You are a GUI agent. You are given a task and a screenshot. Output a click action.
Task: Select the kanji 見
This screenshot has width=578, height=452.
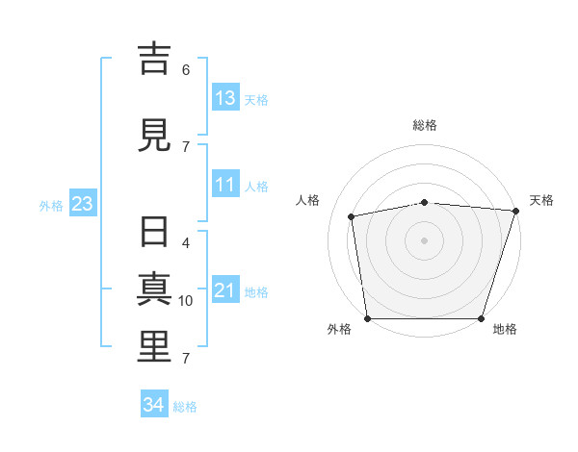(154, 136)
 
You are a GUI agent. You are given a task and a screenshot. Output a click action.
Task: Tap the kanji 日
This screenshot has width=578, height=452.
(154, 232)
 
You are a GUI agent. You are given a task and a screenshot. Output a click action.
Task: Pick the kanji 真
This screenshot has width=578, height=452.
(154, 289)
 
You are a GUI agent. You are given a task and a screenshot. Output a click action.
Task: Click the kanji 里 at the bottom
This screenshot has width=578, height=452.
(154, 347)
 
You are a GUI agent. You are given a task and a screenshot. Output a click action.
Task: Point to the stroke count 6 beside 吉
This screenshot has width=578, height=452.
(186, 70)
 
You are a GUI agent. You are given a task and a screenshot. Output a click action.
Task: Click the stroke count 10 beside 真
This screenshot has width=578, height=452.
(185, 301)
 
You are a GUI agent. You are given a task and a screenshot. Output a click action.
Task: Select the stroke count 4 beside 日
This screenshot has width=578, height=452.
(186, 243)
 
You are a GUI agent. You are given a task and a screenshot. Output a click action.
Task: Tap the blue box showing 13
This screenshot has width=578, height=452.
(226, 97)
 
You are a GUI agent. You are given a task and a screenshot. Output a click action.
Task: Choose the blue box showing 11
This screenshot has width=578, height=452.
(226, 184)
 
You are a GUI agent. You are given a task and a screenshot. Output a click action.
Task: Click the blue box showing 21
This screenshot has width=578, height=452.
(226, 289)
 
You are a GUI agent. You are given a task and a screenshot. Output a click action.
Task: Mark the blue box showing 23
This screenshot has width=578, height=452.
(83, 203)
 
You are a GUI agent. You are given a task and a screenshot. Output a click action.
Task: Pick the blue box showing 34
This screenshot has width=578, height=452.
(154, 403)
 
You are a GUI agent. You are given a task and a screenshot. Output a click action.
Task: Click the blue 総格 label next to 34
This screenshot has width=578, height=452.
(185, 407)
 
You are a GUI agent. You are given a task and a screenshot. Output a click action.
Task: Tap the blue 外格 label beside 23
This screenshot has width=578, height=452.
(51, 206)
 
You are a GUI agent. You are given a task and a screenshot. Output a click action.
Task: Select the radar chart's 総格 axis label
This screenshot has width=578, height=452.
(425, 125)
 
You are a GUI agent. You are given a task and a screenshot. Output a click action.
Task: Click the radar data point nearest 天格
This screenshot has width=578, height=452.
(516, 211)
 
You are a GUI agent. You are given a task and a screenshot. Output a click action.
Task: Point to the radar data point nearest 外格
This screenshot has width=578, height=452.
(368, 318)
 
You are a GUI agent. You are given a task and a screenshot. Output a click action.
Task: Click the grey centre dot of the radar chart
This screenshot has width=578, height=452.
(424, 240)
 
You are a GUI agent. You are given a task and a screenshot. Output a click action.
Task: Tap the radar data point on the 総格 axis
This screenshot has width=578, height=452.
(425, 203)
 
